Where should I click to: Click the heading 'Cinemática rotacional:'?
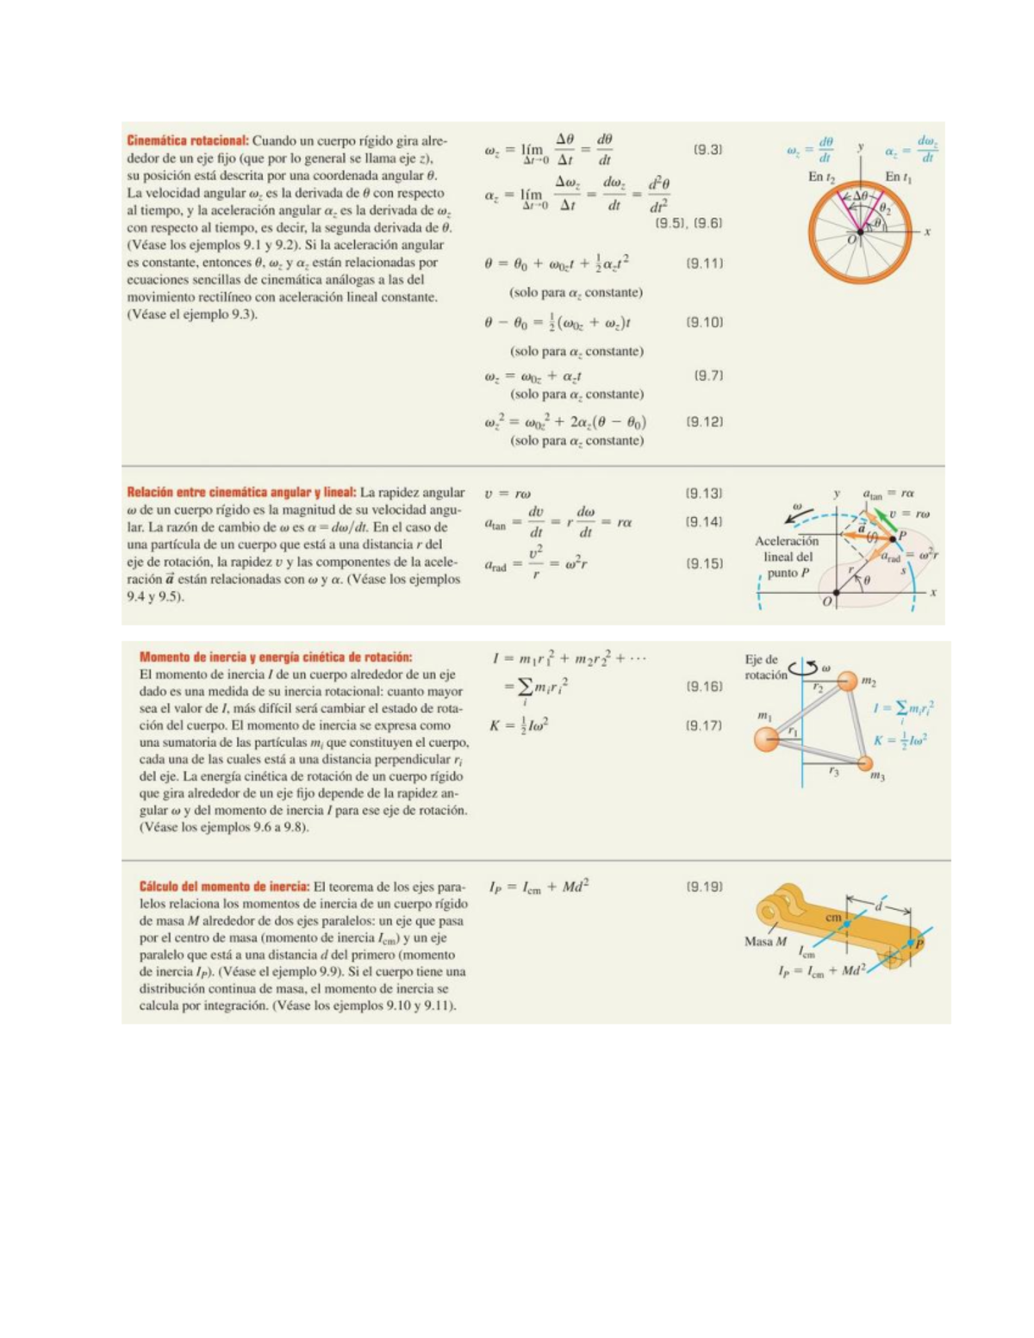point(188,141)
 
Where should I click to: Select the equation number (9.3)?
point(707,150)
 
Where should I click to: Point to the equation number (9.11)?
point(704,264)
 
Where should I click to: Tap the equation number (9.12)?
point(704,422)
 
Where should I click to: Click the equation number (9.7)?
point(707,376)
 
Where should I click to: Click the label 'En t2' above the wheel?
point(821,177)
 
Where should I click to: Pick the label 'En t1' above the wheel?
point(899,177)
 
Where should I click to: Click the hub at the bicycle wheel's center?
point(861,232)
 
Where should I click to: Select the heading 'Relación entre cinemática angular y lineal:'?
point(241,493)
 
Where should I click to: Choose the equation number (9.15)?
point(704,563)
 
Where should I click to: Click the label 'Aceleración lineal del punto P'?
point(787,557)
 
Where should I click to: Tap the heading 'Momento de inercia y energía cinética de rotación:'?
point(276,657)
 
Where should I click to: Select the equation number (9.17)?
point(704,725)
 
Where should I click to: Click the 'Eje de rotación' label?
point(765,667)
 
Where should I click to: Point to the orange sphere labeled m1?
point(766,738)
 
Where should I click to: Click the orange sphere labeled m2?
point(848,681)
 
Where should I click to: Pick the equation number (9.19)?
point(704,887)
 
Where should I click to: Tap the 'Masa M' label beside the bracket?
point(765,942)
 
